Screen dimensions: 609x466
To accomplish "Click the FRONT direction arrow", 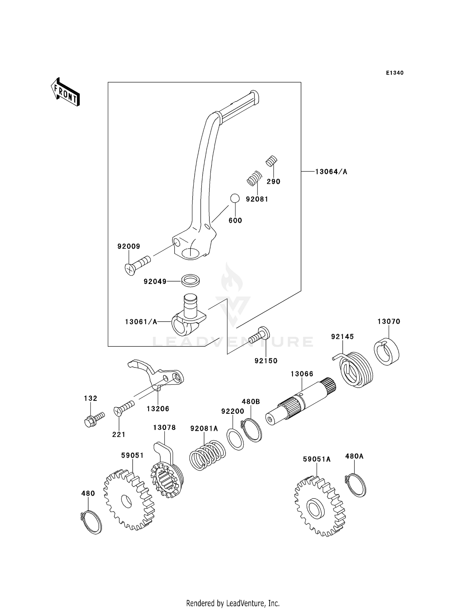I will click(x=65, y=92).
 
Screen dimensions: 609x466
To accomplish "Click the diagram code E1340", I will click(x=395, y=73).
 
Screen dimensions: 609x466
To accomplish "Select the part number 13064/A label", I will click(x=331, y=172).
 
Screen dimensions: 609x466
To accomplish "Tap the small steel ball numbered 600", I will click(x=235, y=198).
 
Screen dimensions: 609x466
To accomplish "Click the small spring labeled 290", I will click(x=272, y=161).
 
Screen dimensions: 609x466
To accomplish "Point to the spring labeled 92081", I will click(x=254, y=178).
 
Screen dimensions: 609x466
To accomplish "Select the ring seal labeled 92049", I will click(x=190, y=280).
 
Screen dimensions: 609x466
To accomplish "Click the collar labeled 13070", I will click(x=386, y=351).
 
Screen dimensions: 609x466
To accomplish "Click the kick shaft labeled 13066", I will click(x=301, y=401).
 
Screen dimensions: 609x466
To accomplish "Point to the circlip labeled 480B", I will click(x=252, y=430).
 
